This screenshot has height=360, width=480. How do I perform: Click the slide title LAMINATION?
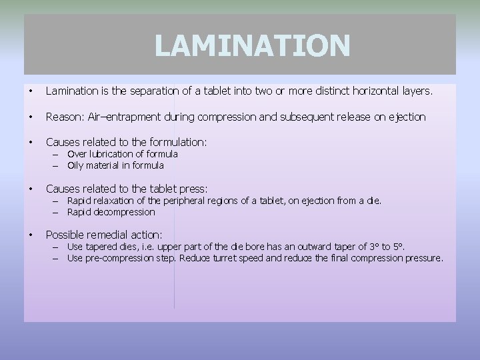tap(252, 46)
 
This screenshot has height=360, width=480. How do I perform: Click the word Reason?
tap(63, 117)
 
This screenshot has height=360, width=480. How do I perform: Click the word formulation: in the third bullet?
tap(175, 142)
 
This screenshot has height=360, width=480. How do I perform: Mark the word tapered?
tap(104, 247)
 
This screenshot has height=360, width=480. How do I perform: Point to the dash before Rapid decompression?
tap(57, 212)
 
